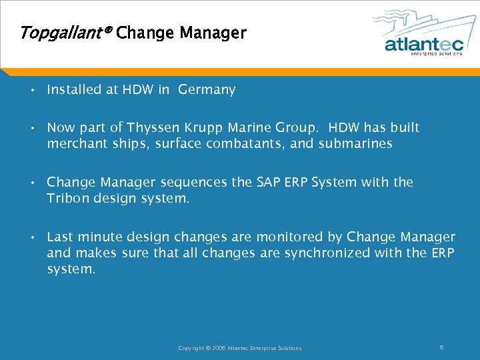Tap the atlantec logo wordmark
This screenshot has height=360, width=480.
point(423,44)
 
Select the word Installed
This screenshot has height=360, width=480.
point(75,89)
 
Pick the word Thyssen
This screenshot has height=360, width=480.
point(155,127)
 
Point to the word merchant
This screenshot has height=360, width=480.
point(74,144)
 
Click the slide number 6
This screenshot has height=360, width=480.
point(442,347)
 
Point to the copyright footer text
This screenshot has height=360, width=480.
point(239,348)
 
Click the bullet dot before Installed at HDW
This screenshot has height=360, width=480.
point(32,90)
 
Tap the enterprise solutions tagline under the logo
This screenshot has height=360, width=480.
point(437,55)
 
